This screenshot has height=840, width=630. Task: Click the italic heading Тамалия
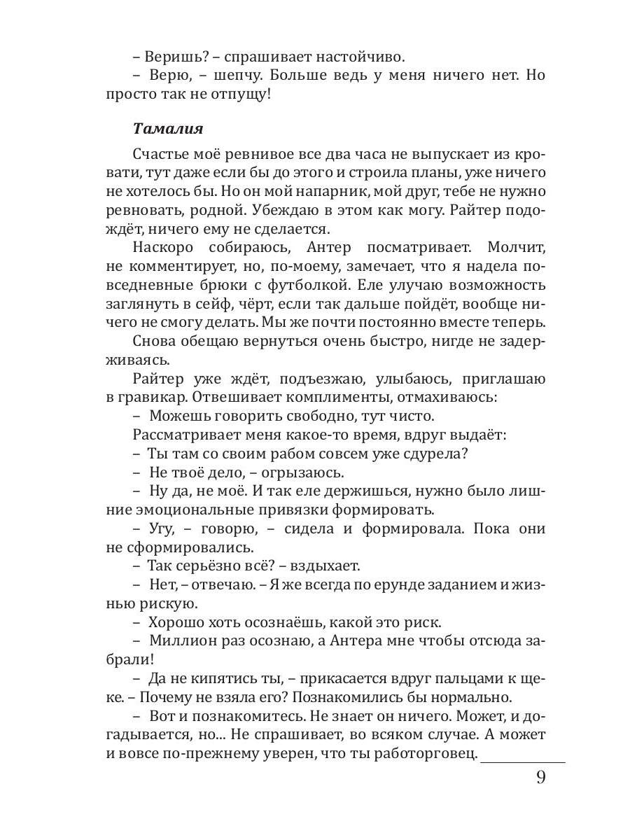point(168,129)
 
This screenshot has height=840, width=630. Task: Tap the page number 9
point(540,778)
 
